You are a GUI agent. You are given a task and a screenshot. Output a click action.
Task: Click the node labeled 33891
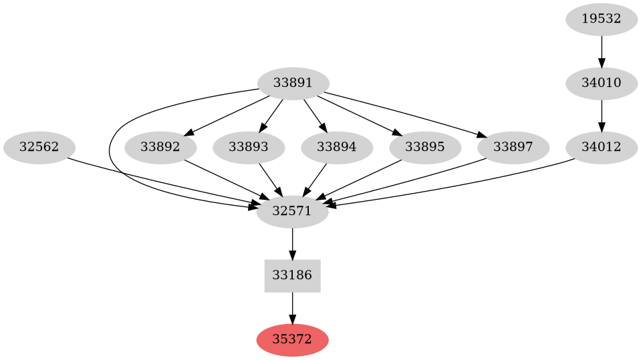(293, 84)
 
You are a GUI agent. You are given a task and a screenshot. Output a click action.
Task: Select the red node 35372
(293, 340)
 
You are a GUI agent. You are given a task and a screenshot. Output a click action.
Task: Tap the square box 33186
(293, 276)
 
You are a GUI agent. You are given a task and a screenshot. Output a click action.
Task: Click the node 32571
(293, 212)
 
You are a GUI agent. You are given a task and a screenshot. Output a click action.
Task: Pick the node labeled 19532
(602, 19)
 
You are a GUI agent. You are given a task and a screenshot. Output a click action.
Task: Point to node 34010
(602, 84)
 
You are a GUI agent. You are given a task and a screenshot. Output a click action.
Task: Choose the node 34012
(602, 148)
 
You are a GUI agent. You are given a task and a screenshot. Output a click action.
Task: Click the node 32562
(39, 148)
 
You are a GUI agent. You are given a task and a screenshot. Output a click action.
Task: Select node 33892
(160, 148)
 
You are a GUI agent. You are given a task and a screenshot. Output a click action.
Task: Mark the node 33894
(337, 148)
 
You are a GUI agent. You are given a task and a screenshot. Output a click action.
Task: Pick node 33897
(513, 148)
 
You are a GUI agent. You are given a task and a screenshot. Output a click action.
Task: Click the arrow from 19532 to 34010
(602, 51)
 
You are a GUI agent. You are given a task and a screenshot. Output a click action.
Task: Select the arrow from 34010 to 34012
(602, 116)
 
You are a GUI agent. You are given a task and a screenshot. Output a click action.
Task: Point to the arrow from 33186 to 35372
(293, 308)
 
